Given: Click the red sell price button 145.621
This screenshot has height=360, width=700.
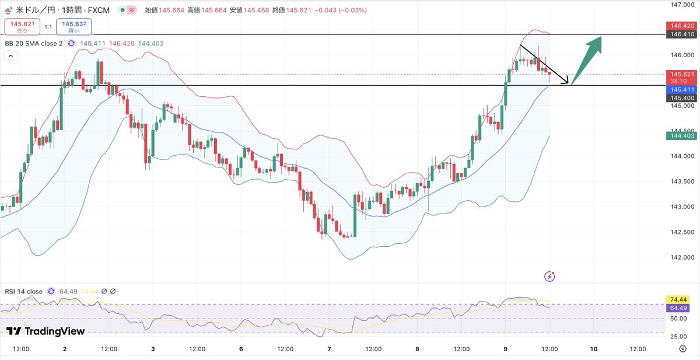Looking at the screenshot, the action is pos(22,27).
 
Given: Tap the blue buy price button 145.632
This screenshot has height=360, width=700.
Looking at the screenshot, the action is pos(73,27).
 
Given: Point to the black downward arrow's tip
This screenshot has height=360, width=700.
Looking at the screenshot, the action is pos(568,83).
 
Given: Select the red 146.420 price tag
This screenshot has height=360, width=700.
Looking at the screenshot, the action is pos(681,26).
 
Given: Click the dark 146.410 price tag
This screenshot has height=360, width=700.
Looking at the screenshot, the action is pos(681,34).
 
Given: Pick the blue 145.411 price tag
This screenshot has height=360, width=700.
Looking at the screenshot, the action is pos(681,90).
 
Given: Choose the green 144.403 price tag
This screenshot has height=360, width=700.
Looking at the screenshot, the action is pos(681,135).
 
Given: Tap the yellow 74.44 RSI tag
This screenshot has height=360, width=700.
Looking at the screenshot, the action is pos(678,300).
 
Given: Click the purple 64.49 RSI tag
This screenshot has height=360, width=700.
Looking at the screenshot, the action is pos(678,308).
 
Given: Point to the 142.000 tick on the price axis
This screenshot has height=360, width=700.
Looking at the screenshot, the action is pos(682,257).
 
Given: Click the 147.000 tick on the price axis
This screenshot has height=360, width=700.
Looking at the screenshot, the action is pos(682,5).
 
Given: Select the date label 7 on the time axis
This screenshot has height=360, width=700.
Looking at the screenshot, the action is pos(329,349).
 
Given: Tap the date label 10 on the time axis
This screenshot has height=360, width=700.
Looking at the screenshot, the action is pos(593,349).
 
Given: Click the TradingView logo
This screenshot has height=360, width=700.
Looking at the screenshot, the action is pos(45,331).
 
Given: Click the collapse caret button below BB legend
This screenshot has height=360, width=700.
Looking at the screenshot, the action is pos(10,56).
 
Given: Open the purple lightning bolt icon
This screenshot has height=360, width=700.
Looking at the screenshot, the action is pos(549,277).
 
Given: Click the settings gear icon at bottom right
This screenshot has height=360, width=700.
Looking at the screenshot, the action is pos(683,349).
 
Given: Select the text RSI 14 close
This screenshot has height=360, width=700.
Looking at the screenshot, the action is pos(23,292).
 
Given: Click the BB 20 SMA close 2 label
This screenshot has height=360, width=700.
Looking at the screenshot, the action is pos(34,43).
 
